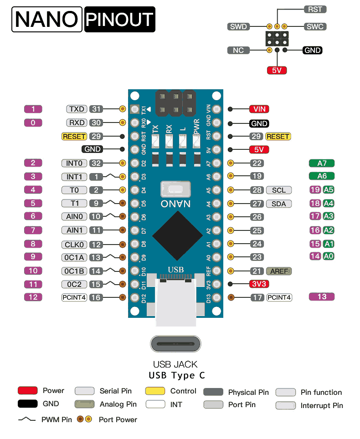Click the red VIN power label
259,109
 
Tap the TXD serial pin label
77,109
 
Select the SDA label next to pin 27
278,204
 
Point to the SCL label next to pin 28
278,190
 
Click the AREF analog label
278,271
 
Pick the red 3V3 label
259,284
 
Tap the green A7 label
321,163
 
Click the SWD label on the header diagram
238,26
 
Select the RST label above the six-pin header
315,9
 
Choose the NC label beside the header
238,50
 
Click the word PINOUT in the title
119,20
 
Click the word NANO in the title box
46,20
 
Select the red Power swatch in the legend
27,391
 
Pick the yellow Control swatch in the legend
155,391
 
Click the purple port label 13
321,297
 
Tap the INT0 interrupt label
74,163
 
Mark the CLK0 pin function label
74,245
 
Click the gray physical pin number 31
96,109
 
